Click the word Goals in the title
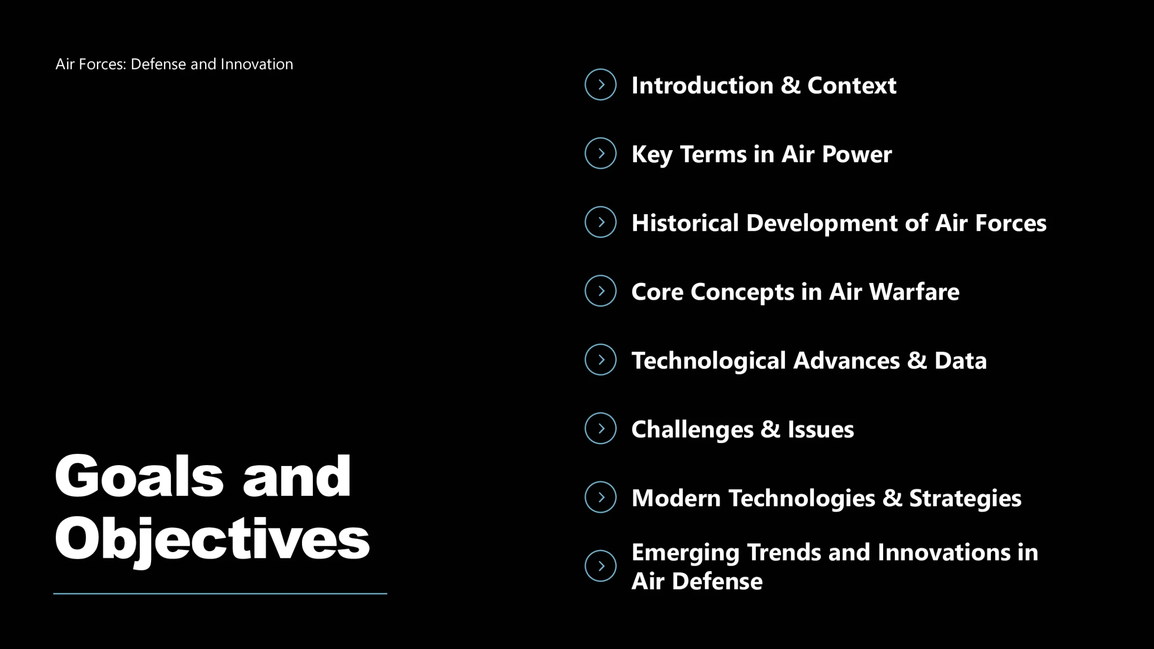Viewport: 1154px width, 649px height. pyautogui.click(x=139, y=476)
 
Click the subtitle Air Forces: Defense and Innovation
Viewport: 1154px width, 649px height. pyautogui.click(x=174, y=64)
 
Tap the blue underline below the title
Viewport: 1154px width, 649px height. pyautogui.click(x=220, y=594)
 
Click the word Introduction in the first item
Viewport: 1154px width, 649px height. pyautogui.click(x=702, y=85)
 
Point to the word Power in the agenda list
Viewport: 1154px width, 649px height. pyautogui.click(x=857, y=154)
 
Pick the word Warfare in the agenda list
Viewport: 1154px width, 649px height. pyautogui.click(x=915, y=292)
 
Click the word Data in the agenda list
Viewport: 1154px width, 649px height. pyautogui.click(x=961, y=361)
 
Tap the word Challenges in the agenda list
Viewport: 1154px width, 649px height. pyautogui.click(x=692, y=430)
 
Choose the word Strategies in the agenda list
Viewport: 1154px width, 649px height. pyautogui.click(x=965, y=498)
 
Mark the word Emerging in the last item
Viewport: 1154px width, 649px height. pyautogui.click(x=686, y=553)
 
